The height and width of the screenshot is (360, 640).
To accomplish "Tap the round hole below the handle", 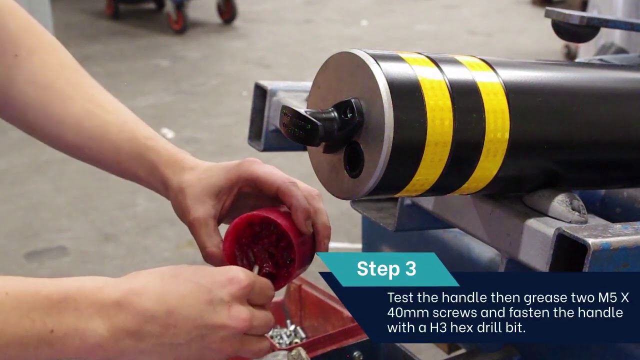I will point(354,159).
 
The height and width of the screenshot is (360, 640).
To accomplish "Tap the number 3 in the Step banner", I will point(410,269).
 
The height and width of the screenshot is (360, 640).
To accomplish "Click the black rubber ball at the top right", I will point(575,31).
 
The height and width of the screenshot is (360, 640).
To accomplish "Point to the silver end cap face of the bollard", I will point(345,100).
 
